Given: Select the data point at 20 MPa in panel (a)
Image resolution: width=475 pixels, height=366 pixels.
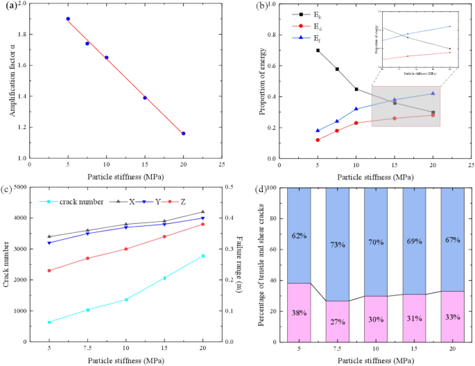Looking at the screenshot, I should [183, 133].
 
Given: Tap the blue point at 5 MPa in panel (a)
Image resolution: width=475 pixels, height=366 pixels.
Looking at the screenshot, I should [68, 19].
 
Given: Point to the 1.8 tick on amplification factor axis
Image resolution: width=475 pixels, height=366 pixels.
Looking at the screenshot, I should [19, 35].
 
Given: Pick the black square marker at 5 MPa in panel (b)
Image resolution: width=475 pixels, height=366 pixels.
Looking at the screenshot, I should [318, 50].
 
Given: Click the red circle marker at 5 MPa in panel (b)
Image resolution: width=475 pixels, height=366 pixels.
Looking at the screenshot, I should [318, 140].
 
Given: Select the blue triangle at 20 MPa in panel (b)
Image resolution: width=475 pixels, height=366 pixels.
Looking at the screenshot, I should [433, 93].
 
